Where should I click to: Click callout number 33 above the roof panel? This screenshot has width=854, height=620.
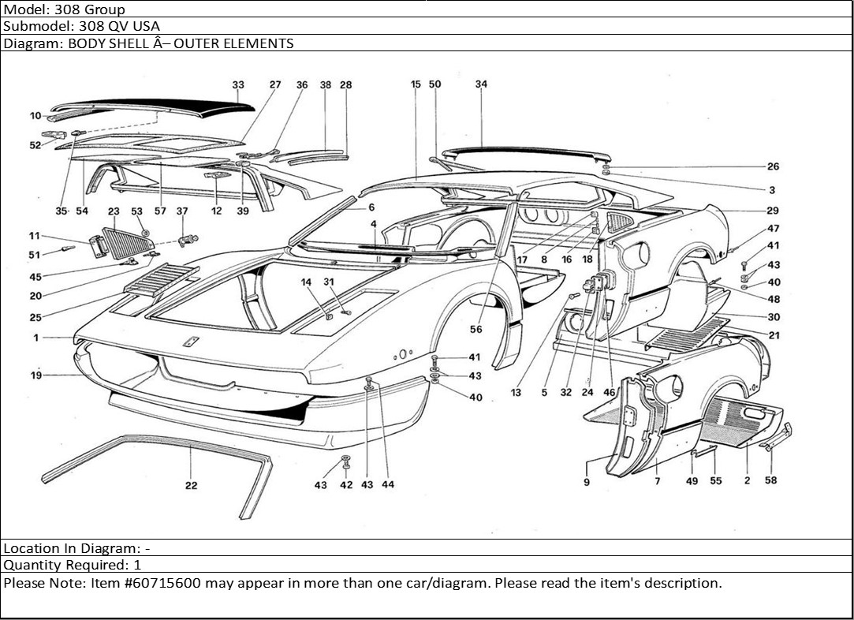(238, 85)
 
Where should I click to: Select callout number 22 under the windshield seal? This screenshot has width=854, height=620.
(192, 486)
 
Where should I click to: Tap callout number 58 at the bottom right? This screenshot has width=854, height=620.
(771, 481)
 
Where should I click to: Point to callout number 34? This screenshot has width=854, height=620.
(481, 84)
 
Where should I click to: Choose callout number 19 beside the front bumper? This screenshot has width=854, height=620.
(36, 375)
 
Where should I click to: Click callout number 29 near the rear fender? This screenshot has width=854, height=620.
(773, 211)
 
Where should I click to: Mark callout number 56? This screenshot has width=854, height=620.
(475, 330)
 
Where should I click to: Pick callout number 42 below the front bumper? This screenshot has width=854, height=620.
(346, 485)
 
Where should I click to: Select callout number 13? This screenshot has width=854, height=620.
(516, 393)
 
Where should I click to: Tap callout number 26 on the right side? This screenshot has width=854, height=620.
(773, 166)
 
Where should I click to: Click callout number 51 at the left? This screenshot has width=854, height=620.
(34, 255)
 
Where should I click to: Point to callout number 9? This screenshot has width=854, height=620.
(587, 482)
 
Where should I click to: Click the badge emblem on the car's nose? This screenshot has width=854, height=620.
(190, 342)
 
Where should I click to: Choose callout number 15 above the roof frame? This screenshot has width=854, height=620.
(416, 84)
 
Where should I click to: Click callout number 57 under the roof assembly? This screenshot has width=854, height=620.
(160, 211)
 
